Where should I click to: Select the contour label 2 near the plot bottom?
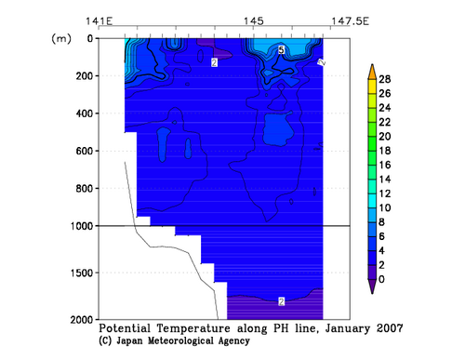coord(281,301)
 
